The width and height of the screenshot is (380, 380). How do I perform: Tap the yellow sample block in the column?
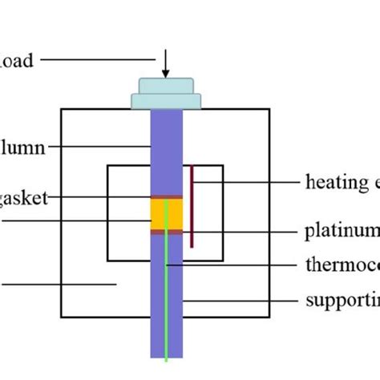click(167, 214)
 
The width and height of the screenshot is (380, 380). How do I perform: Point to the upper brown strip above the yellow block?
click(167, 197)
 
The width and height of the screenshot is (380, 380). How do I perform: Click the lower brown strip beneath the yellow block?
click(167, 232)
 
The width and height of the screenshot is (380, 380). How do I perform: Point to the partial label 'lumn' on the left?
click(22, 147)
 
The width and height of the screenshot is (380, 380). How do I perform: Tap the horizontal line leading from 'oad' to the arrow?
click(96, 59)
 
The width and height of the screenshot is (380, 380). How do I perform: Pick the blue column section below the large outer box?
click(167, 337)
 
